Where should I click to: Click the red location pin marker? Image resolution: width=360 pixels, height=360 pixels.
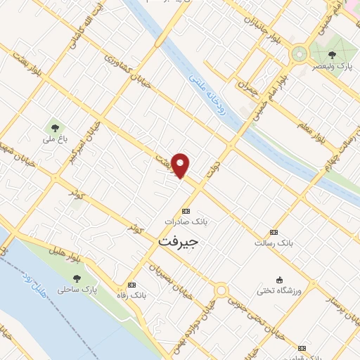181,165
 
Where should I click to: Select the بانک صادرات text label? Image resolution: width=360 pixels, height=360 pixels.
186,221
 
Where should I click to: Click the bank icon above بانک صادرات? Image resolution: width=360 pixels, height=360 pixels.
186,211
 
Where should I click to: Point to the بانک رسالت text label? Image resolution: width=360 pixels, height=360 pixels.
274,243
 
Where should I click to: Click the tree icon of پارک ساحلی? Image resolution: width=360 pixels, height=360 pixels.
77,280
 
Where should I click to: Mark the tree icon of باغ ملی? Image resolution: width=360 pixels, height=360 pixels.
54,128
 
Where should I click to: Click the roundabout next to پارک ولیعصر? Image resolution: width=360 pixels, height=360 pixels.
300,53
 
